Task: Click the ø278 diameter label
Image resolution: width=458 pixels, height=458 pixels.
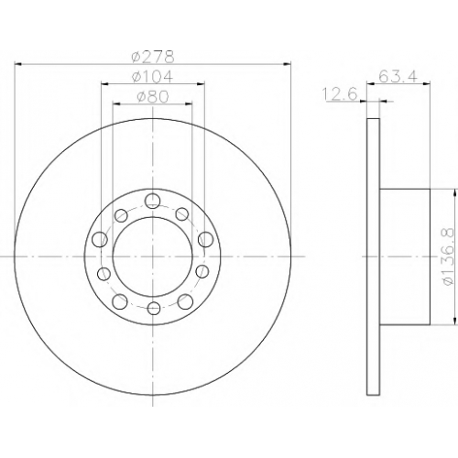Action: pos(153,57)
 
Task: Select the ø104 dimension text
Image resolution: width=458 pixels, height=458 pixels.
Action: pos(153,76)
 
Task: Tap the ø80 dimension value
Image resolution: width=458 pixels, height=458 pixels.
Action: pos(153,97)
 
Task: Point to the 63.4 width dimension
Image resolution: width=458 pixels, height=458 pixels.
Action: pos(398,76)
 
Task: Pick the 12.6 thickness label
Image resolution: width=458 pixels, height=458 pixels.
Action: pos(340,94)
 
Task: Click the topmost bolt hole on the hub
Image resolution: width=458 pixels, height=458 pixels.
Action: pos(152,201)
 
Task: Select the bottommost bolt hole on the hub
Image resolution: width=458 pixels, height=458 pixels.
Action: pos(154,309)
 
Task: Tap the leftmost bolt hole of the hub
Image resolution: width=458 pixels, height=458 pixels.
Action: pos(100,239)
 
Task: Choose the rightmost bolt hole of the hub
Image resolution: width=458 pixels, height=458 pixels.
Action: pos(205,239)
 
